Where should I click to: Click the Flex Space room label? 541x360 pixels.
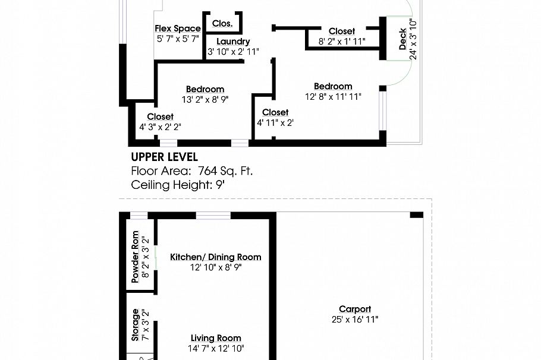coord(178,29)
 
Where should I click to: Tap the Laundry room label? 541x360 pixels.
coord(233,42)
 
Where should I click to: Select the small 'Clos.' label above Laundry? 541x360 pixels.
coord(222,24)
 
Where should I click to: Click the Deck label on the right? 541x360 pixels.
coord(403,39)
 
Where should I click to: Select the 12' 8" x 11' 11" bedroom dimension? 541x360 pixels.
coord(333,96)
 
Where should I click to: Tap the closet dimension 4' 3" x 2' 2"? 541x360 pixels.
coord(160,127)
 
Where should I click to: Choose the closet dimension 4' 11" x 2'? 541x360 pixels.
coord(275,122)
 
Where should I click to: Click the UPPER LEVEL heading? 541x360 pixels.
coord(164,157)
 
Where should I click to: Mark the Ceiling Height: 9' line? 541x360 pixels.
coord(178,185)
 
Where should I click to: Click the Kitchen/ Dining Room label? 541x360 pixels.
coord(216,257)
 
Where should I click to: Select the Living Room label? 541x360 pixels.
coord(216,338)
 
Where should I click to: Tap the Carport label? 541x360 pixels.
coord(355,309)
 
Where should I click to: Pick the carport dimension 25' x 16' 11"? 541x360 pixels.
coord(355,319)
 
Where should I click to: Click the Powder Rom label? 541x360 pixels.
coord(135,256)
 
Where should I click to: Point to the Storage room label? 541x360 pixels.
coord(136,324)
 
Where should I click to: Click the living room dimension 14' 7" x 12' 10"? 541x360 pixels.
coord(216,348)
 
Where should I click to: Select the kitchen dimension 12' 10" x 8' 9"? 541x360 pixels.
coord(216,267)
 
